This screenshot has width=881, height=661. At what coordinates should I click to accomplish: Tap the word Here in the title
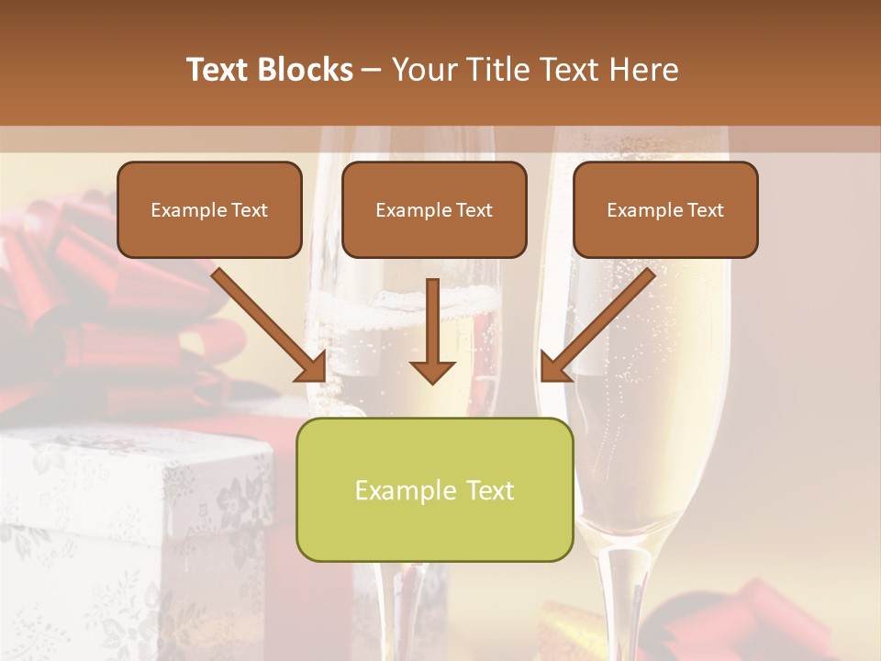pyautogui.click(x=642, y=70)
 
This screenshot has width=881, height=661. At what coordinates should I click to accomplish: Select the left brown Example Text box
pyautogui.click(x=209, y=209)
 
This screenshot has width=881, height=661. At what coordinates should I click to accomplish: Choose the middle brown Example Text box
pyautogui.click(x=434, y=209)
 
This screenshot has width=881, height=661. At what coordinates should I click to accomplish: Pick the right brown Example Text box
pyautogui.click(x=665, y=209)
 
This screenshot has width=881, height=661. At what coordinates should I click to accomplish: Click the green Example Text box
pyautogui.click(x=434, y=489)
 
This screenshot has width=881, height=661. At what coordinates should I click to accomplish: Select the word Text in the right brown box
pyautogui.click(x=705, y=210)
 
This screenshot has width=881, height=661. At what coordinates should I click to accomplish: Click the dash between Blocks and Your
pyautogui.click(x=372, y=71)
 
